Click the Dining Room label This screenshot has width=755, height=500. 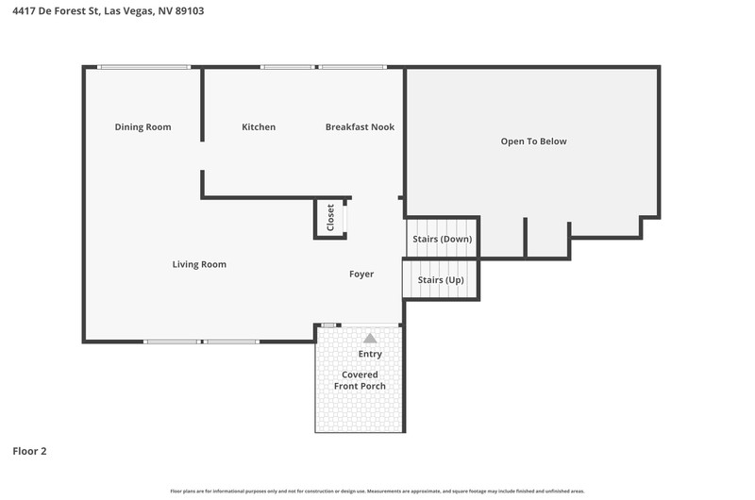(x=143, y=127)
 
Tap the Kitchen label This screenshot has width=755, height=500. (x=259, y=127)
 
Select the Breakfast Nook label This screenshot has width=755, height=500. (x=360, y=127)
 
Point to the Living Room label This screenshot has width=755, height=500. (x=199, y=264)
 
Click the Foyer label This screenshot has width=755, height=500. (x=361, y=274)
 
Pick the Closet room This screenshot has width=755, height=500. (x=330, y=218)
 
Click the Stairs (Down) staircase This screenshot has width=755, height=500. (x=442, y=239)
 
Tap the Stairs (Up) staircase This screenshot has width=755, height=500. (x=441, y=279)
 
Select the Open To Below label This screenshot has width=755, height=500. (x=533, y=142)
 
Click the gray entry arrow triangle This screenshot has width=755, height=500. (x=370, y=339)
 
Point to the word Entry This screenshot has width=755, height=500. (x=370, y=354)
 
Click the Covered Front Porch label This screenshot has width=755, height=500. (x=360, y=380)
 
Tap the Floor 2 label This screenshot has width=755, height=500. (x=29, y=451)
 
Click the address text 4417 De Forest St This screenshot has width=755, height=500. (x=56, y=10)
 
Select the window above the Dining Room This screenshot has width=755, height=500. (x=143, y=67)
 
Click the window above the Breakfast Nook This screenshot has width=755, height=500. (x=352, y=67)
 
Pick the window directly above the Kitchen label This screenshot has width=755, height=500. (x=288, y=67)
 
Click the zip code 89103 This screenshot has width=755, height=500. (x=190, y=10)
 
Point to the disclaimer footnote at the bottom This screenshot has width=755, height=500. (x=377, y=492)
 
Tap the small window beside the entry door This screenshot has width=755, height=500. (x=328, y=325)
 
